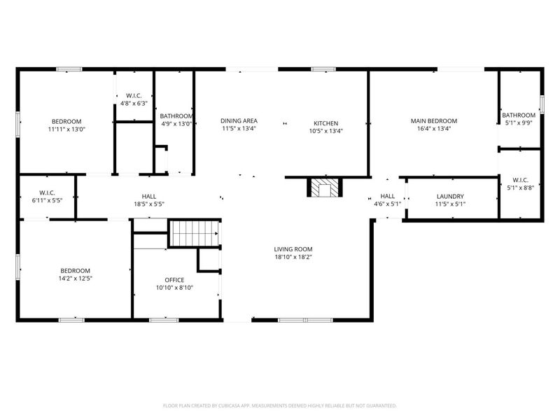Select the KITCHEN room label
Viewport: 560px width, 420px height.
325,123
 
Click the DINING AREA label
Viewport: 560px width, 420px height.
238,120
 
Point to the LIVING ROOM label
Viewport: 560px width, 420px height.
293,249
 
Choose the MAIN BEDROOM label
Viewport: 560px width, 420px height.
433,120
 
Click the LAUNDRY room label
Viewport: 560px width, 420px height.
450,197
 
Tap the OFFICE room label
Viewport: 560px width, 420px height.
174,280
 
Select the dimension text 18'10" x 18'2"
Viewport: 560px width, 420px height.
293,257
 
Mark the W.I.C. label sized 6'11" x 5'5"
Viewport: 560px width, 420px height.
47,193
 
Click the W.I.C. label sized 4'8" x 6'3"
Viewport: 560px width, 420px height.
134,95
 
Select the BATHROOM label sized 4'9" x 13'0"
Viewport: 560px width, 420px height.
176,116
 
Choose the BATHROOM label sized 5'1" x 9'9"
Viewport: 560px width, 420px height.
519,115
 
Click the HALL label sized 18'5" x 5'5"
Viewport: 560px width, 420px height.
148,197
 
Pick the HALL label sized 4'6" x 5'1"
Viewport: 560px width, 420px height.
388,197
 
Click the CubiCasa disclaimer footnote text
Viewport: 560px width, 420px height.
280,405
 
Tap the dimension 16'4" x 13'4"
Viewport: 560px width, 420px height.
433,129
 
